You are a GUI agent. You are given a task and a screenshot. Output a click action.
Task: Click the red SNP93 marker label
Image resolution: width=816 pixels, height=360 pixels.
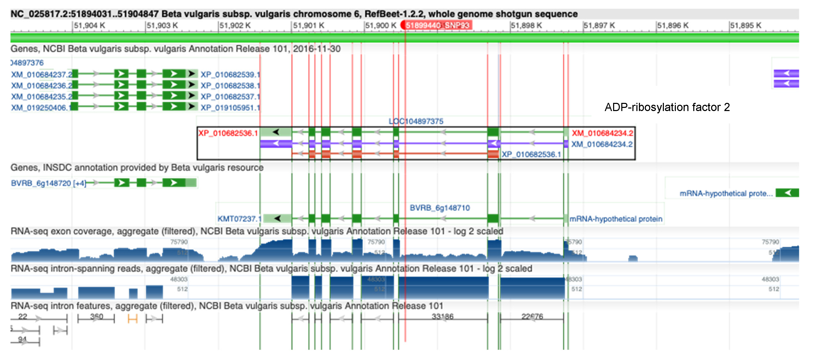tap(437, 25)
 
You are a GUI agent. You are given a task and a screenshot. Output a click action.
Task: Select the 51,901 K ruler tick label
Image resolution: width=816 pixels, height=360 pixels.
tap(308, 25)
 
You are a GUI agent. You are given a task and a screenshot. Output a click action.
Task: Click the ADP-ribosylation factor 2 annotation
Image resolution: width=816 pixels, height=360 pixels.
tap(667, 107)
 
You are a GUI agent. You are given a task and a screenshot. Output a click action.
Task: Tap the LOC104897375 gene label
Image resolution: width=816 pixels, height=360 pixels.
tap(416, 121)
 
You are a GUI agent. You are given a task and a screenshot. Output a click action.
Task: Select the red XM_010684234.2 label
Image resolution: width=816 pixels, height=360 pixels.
tap(602, 133)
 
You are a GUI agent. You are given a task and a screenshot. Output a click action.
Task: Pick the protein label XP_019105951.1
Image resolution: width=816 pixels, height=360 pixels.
tap(230, 108)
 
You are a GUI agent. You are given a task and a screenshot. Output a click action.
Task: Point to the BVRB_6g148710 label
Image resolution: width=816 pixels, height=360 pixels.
tap(440, 208)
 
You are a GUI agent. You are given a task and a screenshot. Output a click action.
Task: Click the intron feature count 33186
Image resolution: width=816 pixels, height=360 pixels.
tap(443, 316)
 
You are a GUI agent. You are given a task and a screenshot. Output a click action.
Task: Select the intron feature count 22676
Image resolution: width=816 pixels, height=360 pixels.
tap(532, 316)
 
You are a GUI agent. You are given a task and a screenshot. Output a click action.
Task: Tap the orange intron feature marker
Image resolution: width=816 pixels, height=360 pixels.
tap(132, 319)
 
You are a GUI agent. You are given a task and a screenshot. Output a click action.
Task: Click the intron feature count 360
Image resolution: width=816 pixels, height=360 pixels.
tap(97, 316)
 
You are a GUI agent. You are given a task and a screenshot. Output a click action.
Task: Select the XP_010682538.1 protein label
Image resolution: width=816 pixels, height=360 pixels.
tap(230, 86)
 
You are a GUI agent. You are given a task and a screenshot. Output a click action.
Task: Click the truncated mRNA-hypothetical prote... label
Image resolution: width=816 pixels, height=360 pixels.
tap(726, 193)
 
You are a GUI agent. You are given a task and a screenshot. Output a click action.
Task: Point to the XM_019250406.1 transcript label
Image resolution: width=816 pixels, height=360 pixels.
tap(40, 108)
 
